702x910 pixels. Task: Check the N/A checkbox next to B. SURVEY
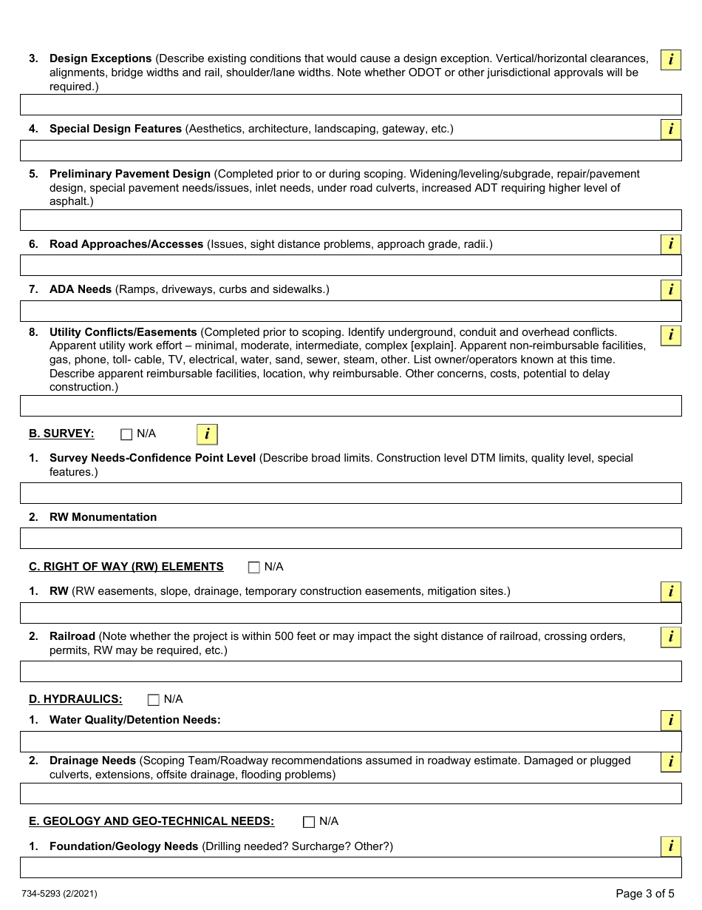[126, 434]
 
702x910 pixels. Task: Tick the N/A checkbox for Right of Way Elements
[254, 567]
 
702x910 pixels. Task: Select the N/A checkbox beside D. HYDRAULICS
[154, 700]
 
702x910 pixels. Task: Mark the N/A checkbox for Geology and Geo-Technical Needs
[309, 822]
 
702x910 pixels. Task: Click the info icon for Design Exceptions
[670, 60]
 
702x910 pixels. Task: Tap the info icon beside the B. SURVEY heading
[207, 434]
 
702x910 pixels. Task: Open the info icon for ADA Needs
[670, 290]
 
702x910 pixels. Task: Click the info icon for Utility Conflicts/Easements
[670, 335]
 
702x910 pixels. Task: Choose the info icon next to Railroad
[670, 637]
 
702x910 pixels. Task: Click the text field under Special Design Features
[350, 151]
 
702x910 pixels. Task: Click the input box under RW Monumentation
[350, 538]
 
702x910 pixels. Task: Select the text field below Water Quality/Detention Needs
[350, 741]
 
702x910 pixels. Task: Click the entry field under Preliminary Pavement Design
[350, 220]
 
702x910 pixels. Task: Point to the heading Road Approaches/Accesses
[126, 244]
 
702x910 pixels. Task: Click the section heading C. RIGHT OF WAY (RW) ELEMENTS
[126, 567]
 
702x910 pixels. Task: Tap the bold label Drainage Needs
[92, 761]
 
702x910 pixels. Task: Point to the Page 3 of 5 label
[644, 893]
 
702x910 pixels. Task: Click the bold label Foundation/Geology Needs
[123, 846]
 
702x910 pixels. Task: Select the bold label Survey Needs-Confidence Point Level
[152, 458]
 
